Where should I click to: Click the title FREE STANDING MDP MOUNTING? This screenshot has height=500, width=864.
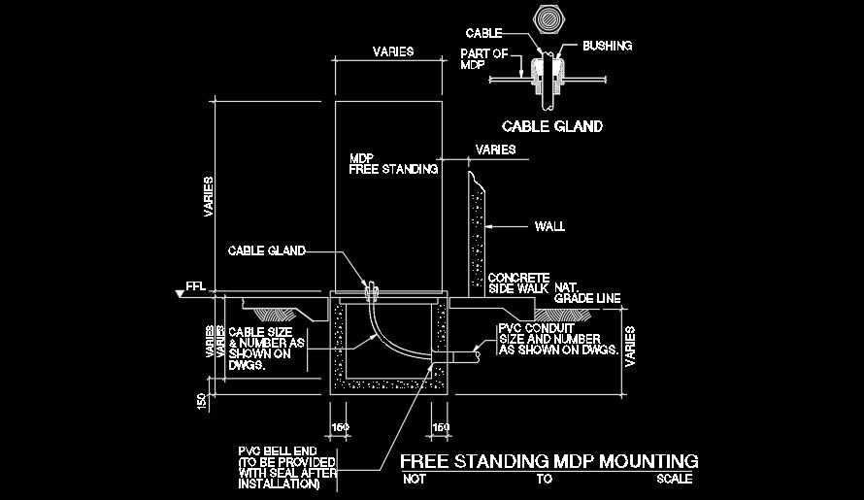point(549,460)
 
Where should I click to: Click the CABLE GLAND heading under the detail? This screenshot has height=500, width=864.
point(551,126)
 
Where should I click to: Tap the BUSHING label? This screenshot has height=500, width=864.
point(609,46)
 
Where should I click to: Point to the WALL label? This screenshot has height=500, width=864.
point(549,227)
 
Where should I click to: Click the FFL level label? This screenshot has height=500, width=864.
point(197,288)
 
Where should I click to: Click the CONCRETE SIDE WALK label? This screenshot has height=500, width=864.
point(518,283)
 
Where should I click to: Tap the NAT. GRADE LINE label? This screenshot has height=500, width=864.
point(586,293)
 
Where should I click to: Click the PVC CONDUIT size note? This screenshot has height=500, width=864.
point(558,339)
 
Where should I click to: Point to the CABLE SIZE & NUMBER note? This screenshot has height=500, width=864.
point(266,349)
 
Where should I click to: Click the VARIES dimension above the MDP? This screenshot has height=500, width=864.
point(394,50)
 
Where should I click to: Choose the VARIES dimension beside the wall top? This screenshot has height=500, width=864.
point(495,150)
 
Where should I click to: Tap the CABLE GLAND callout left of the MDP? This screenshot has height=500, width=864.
point(266,250)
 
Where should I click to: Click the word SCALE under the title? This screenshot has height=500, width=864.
point(675,480)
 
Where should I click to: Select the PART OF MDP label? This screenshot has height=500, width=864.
point(485,60)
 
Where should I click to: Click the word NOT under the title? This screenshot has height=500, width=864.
point(415,480)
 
